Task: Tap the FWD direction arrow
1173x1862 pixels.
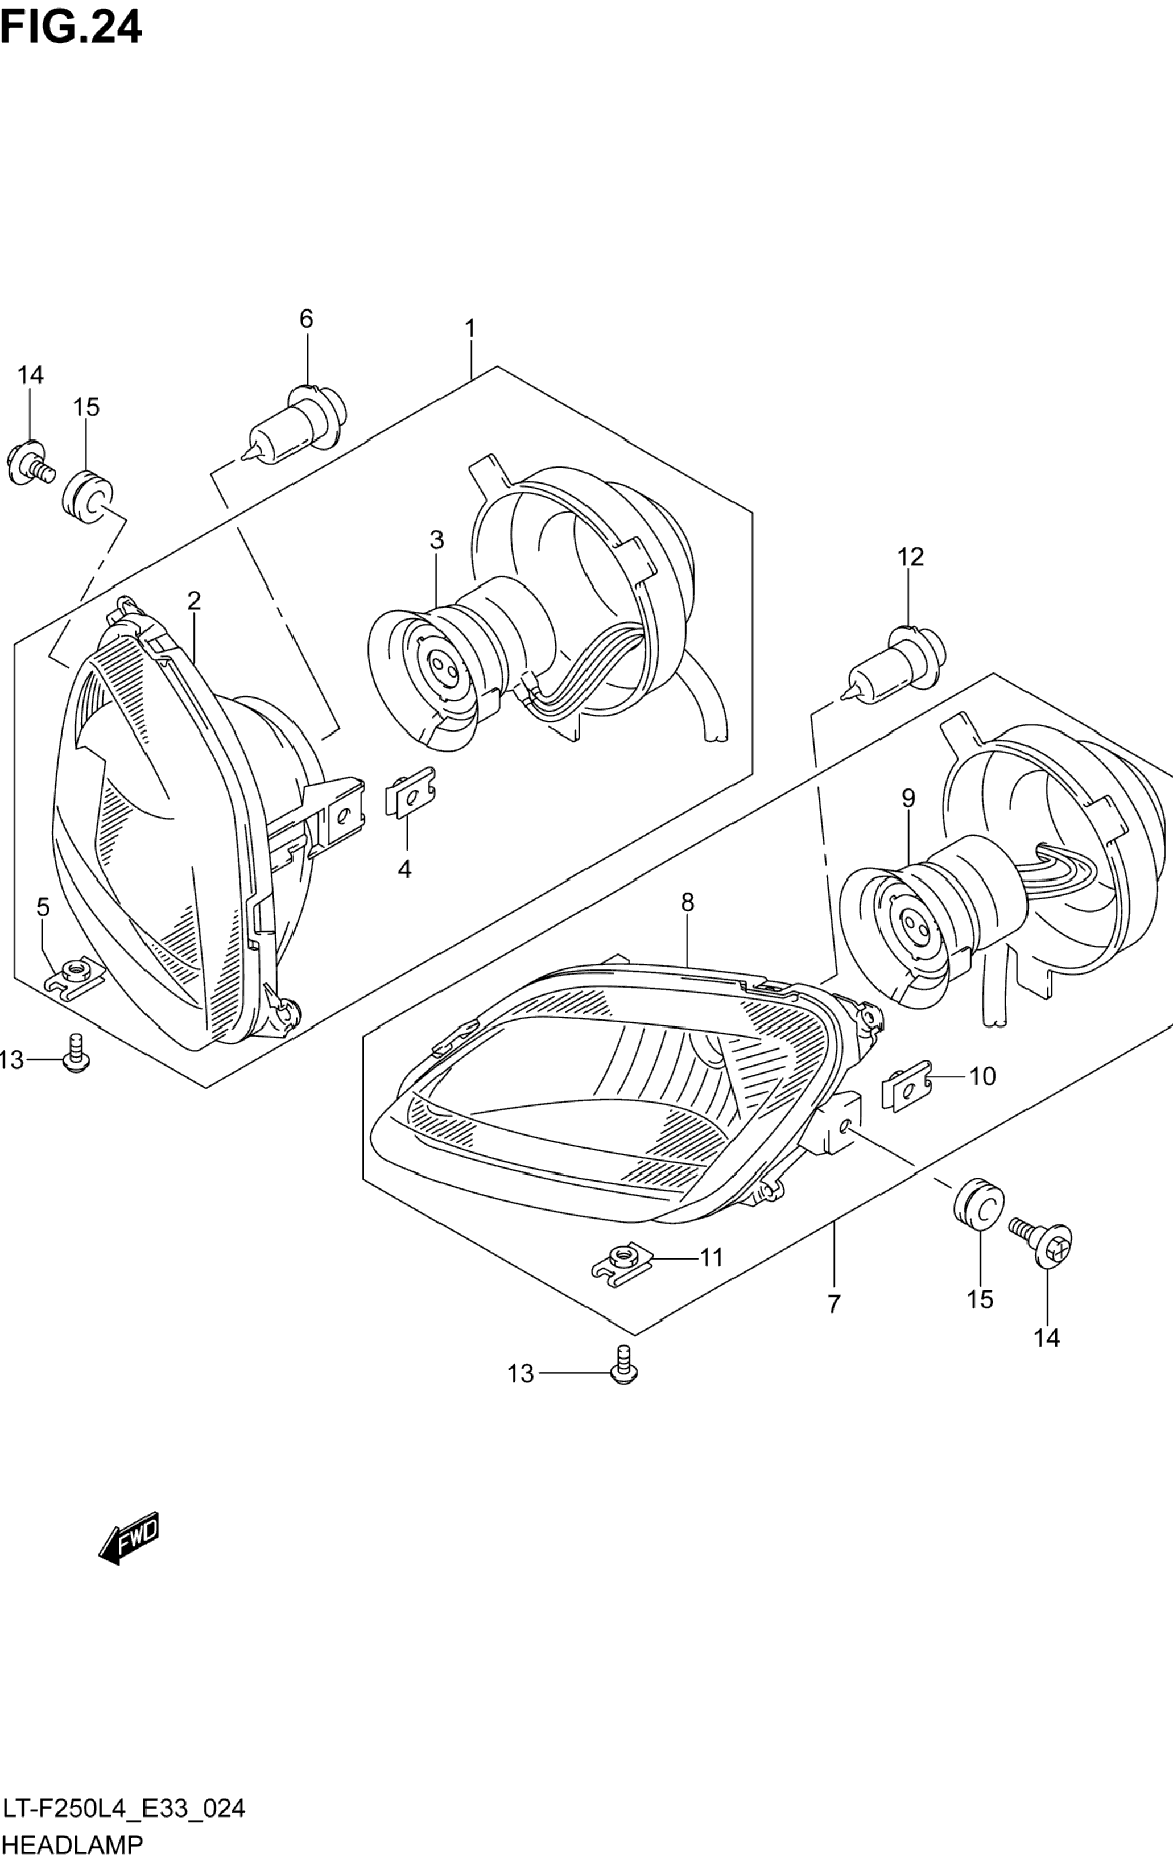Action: (x=129, y=1537)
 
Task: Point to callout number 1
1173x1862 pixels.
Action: (x=469, y=329)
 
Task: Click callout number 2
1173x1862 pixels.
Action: (x=193, y=600)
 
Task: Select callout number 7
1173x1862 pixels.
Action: (x=833, y=1304)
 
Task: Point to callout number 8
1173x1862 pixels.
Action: (x=687, y=902)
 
